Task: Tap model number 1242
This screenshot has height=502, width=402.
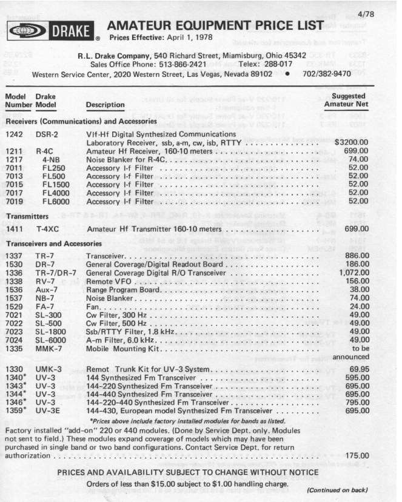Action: (x=14, y=134)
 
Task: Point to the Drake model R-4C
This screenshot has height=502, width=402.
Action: (x=45, y=151)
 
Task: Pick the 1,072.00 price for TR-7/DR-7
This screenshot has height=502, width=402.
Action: (x=352, y=273)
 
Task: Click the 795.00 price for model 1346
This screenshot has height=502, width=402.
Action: (x=355, y=401)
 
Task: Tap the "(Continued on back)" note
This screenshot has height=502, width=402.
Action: (x=338, y=491)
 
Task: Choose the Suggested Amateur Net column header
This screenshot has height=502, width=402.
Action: (x=344, y=101)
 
